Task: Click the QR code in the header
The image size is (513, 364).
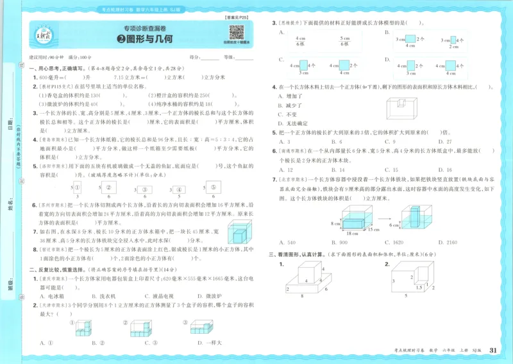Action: [x=236, y=32]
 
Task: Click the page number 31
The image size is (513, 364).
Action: [x=493, y=350]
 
